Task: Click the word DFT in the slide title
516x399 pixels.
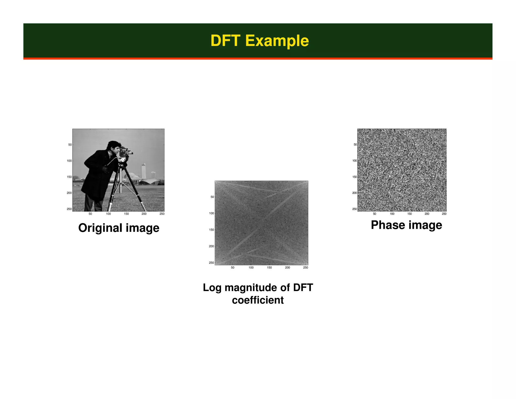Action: (x=225, y=41)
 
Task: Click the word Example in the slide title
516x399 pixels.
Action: (x=277, y=41)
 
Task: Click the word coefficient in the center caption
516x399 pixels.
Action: (x=258, y=300)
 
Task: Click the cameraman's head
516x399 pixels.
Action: (x=113, y=147)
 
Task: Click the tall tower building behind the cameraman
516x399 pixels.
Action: (x=143, y=171)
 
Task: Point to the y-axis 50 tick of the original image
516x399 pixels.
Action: (x=70, y=145)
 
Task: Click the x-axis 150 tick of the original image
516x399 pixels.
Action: (x=126, y=214)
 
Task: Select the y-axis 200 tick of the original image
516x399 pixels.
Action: (x=69, y=193)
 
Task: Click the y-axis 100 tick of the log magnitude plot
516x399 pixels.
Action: (x=211, y=213)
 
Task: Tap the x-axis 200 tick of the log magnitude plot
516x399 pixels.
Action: (x=287, y=268)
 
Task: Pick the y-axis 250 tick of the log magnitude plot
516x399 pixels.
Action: (x=211, y=263)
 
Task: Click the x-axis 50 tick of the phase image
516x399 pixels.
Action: (x=374, y=214)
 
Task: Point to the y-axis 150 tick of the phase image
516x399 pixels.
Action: (x=354, y=177)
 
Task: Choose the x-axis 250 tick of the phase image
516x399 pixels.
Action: (x=444, y=214)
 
